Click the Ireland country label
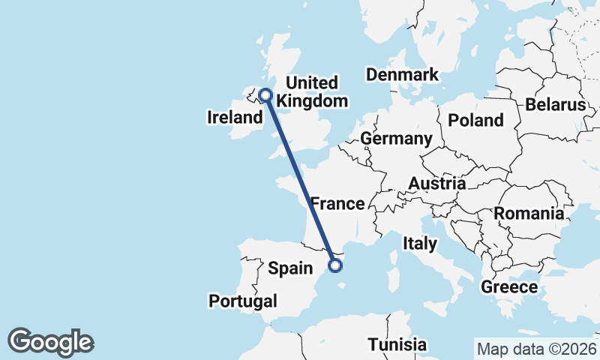click(233, 118)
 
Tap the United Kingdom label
click(313, 91)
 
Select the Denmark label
click(402, 74)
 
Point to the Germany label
click(396, 139)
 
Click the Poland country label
click(475, 120)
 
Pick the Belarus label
click(555, 104)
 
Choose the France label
click(337, 203)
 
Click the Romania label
click(529, 214)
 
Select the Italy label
click(419, 243)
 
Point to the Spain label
click(290, 268)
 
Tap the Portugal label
click(243, 301)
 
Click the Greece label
click(509, 286)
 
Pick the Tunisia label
click(397, 345)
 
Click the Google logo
click(50, 342)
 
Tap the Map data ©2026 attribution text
click(535, 349)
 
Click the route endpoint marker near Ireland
click(265, 94)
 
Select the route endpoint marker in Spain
click(336, 264)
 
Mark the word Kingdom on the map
click(313, 100)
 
